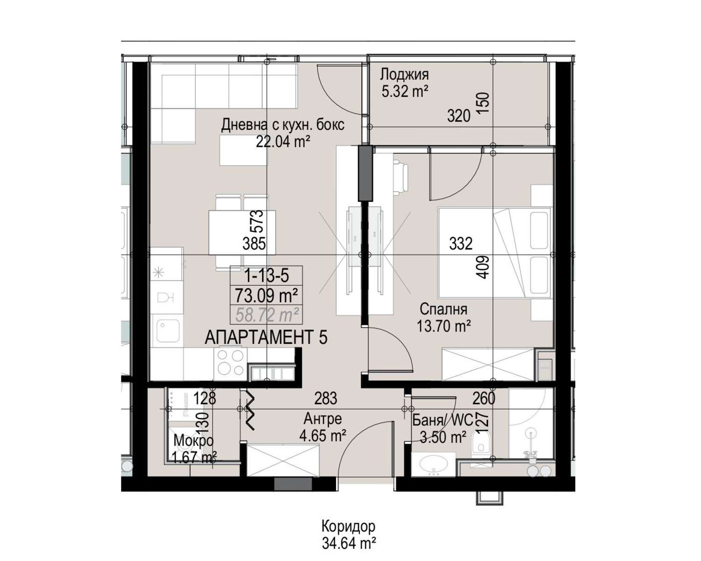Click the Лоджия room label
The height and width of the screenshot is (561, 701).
point(404,75)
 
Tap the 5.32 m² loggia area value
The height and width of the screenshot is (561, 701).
point(405,92)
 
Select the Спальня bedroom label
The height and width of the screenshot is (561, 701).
point(443,309)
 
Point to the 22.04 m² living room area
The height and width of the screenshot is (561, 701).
point(282,142)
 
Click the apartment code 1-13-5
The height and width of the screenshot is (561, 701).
point(266,276)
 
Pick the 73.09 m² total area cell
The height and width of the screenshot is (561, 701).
point(266,295)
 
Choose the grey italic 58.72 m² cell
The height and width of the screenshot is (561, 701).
point(266,315)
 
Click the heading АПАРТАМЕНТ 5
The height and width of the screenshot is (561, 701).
point(266,338)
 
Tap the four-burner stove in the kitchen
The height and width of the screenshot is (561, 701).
point(230,363)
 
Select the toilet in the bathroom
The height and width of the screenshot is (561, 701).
point(480,442)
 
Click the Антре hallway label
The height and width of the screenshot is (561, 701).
point(322,419)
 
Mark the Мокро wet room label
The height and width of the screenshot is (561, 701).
point(193,441)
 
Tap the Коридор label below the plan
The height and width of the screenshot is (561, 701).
point(348,526)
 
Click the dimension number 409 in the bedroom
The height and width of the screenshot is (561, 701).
point(484,267)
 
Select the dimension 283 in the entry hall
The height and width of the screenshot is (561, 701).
point(325,398)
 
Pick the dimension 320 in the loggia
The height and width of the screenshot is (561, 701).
point(458,116)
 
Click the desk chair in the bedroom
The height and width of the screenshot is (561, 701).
point(401,179)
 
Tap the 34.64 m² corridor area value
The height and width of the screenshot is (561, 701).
point(349,543)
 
